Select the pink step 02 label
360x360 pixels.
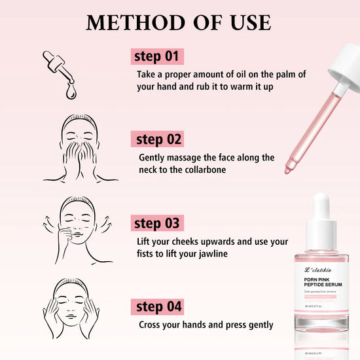pyautogui.click(x=157, y=139)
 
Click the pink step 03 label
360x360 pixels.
pyautogui.click(x=157, y=223)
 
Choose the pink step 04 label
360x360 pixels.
pyautogui.click(x=157, y=306)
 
